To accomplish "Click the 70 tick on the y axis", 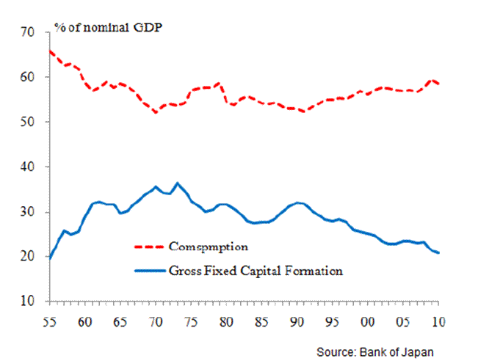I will point(29,32).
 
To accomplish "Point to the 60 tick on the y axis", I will point(29,77).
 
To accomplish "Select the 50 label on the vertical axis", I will point(29,122).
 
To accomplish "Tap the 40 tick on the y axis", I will point(29,167).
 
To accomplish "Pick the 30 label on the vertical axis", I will point(29,212).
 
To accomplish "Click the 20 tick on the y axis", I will point(29,257).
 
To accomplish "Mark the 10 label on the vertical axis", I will point(29,302).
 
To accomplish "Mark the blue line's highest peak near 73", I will point(176,183).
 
